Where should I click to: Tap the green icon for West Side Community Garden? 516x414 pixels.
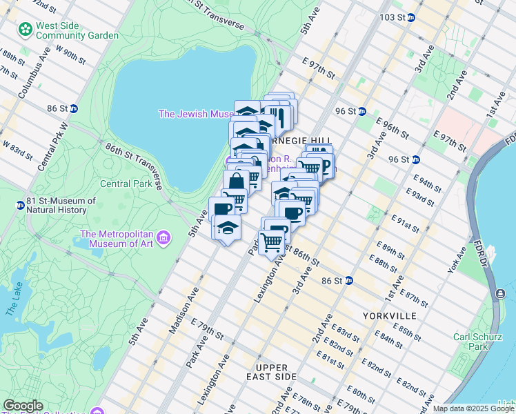[x=26, y=30]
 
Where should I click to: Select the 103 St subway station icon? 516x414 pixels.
[x=411, y=17]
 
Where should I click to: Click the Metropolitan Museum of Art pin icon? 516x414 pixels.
[x=163, y=239]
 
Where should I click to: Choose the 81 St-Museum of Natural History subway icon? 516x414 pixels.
[x=21, y=205]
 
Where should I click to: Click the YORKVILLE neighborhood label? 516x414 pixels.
[x=389, y=315]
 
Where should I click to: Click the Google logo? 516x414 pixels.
[x=23, y=406]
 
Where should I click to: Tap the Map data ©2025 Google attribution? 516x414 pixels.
[x=473, y=408]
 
